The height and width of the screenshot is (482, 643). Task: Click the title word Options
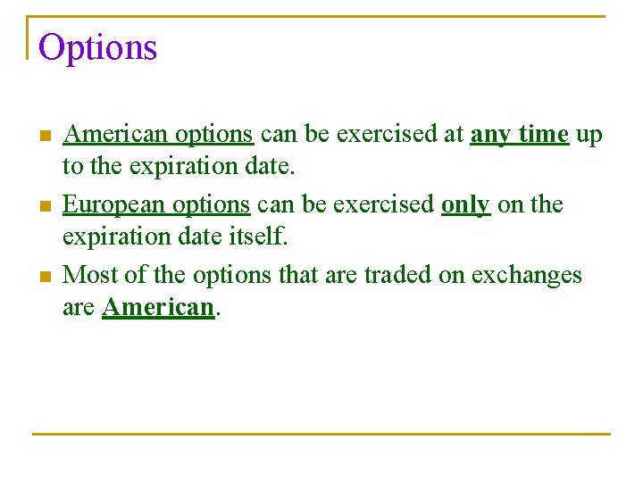[98, 47]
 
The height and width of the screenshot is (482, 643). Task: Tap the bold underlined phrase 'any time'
[519, 135]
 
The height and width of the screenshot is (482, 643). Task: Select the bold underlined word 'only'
[465, 205]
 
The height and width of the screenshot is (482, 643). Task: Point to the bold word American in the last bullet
[158, 307]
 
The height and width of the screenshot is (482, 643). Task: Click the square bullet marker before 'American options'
[46, 137]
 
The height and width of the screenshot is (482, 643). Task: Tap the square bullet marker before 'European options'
[46, 207]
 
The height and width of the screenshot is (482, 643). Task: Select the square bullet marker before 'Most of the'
[46, 277]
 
